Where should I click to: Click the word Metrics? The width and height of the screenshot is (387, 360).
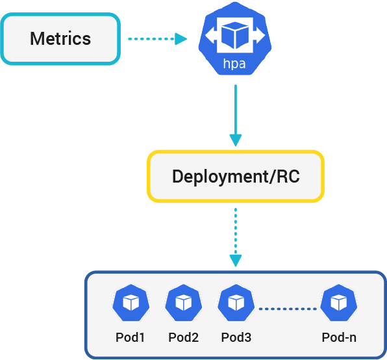tap(60, 39)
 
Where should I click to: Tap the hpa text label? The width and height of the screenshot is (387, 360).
tap(234, 64)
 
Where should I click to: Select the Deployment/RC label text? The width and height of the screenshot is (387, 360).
tap(236, 177)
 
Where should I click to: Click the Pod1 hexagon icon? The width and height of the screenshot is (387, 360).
tap(131, 303)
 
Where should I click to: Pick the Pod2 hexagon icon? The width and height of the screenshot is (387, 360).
tap(183, 303)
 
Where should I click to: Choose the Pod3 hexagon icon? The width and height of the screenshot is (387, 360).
tap(236, 303)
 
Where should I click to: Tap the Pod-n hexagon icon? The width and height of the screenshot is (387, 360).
tap(339, 303)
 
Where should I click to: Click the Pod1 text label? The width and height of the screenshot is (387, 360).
tap(130, 337)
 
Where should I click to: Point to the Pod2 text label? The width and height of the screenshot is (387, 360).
tap(183, 337)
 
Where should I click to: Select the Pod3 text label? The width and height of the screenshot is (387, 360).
tap(236, 337)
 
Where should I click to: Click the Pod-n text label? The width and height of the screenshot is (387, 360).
tap(339, 337)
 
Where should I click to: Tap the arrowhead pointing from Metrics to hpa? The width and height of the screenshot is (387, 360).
tap(181, 39)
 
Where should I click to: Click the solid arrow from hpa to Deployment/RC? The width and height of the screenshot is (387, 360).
tap(236, 116)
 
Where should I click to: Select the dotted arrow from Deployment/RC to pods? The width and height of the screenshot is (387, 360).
tap(236, 238)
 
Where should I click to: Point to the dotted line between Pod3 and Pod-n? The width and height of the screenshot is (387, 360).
tap(288, 309)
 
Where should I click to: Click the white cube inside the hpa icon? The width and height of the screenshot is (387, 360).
tap(235, 35)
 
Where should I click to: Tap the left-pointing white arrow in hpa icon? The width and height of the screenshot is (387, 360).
tap(211, 35)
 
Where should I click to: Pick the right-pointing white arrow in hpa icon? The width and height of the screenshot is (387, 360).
tap(259, 35)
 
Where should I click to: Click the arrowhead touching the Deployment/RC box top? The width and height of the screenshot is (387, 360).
tap(236, 140)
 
